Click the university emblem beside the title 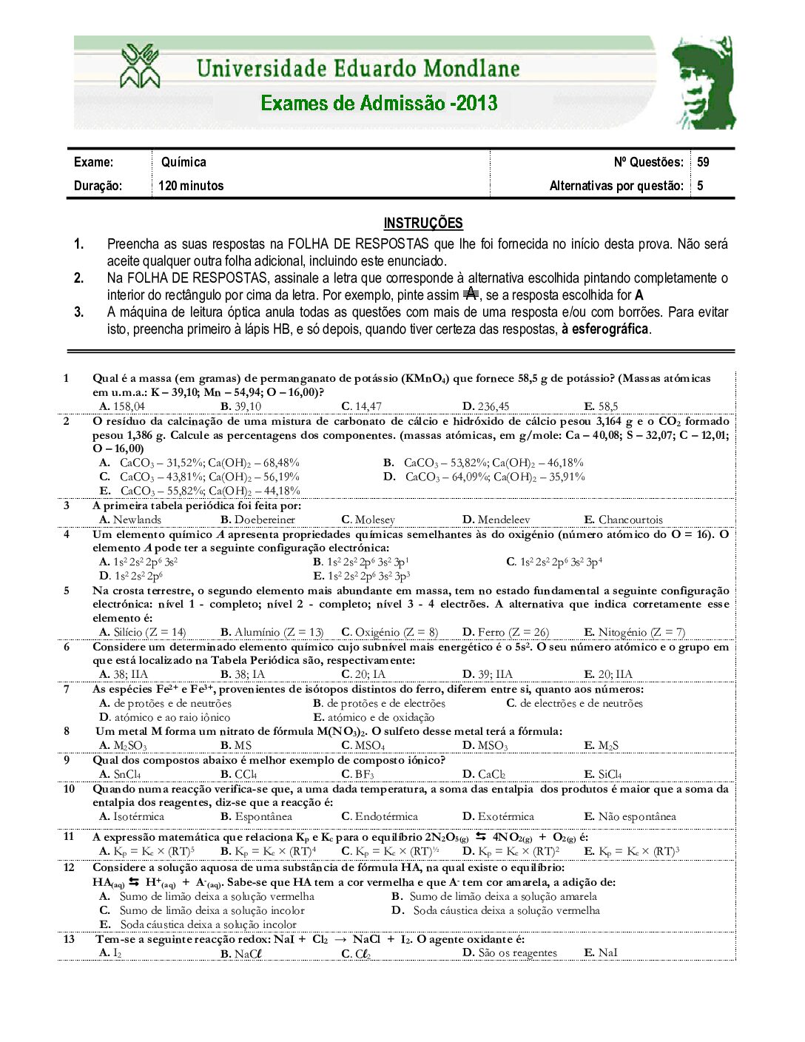pos(140,67)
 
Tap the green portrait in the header pos(703,82)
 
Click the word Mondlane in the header pos(462,69)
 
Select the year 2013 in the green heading pos(477,103)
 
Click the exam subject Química pos(183,162)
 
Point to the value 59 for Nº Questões pos(703,162)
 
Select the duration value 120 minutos pos(191,186)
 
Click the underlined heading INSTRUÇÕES pos(422,223)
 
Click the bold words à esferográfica pos(604,329)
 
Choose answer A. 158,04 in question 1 pos(122,406)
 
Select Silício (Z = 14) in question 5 pos(143,632)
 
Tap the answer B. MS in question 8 pos(236,745)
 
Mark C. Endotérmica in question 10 pos(380,816)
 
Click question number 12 pos(69,867)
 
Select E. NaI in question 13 pos(600,952)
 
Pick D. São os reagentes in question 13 pos(510,952)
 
